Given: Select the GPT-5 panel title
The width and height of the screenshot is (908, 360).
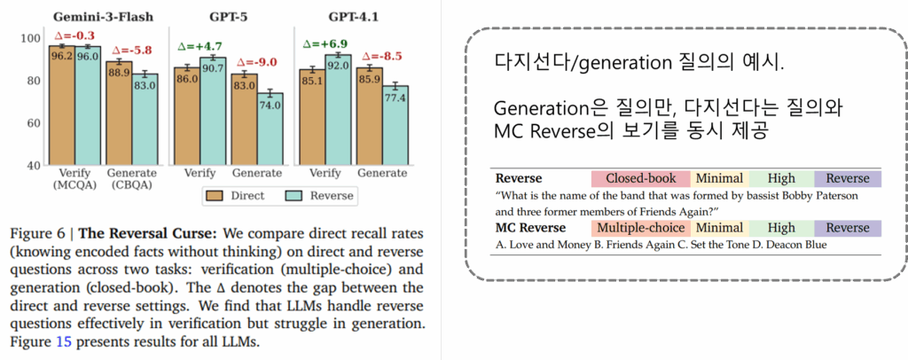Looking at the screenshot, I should (x=231, y=16).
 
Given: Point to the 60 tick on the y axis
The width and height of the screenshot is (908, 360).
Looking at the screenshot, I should (x=34, y=123).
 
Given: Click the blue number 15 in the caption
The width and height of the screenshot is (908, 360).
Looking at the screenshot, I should (x=64, y=342).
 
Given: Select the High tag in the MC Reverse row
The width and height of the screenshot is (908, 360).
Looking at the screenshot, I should (x=781, y=228).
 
